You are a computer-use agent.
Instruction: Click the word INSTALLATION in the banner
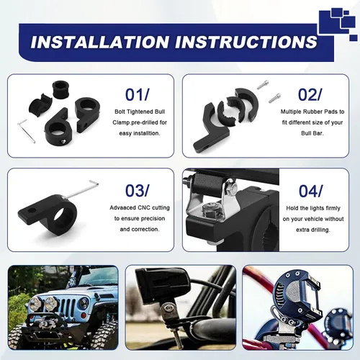point(99,42)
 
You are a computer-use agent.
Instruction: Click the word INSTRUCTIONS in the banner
point(246,42)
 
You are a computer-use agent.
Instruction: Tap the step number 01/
point(138,94)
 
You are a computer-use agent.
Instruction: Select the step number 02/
point(310,94)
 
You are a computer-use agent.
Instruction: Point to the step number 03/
point(138,191)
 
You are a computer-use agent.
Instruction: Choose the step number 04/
point(310,191)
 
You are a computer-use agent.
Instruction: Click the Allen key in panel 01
point(26,131)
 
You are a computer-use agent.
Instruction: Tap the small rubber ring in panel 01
point(60,89)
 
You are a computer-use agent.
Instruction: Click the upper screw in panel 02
point(263,84)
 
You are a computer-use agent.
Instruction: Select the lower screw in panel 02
point(274,98)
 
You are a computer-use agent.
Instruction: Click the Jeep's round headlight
point(84,305)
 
